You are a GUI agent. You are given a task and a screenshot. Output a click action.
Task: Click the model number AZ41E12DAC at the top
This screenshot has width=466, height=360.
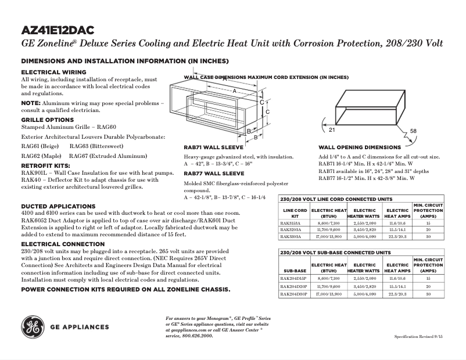tap(58, 30)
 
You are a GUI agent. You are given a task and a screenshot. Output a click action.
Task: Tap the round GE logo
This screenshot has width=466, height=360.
tap(32, 326)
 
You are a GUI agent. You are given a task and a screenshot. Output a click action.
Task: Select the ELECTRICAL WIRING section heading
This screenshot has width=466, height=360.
tap(53, 72)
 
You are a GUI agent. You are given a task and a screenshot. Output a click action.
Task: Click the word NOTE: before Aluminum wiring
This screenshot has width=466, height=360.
tap(31, 103)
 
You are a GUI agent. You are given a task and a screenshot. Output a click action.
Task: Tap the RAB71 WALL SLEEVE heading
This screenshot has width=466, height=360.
tap(214, 148)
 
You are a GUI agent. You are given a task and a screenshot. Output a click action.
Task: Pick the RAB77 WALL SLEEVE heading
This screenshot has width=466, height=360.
tap(214, 173)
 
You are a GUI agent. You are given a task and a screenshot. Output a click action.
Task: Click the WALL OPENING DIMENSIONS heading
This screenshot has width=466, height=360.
tap(360, 147)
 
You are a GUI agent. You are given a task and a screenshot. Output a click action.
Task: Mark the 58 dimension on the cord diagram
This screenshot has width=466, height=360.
tap(413, 131)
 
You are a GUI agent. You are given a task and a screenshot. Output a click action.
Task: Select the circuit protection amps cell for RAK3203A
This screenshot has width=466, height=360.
tap(428, 230)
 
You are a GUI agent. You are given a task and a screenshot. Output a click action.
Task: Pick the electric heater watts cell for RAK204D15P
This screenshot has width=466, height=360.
tap(364, 279)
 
